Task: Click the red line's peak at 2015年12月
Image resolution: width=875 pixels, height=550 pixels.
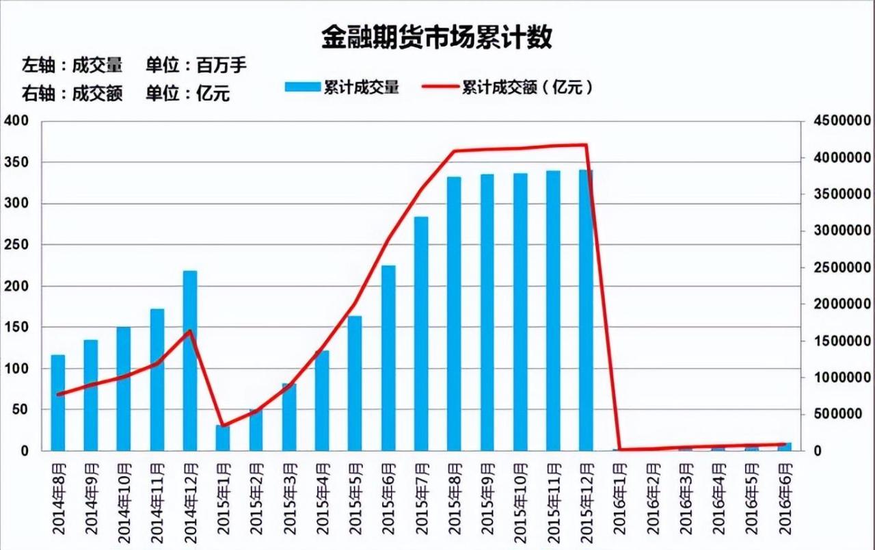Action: point(586,144)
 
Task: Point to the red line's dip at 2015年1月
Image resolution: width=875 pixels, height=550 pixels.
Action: point(223,425)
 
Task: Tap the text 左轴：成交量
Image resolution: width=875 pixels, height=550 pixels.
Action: point(72,66)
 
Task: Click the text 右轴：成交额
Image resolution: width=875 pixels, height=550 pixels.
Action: point(72,94)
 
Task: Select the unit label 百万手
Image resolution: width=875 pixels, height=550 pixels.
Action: point(221,66)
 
